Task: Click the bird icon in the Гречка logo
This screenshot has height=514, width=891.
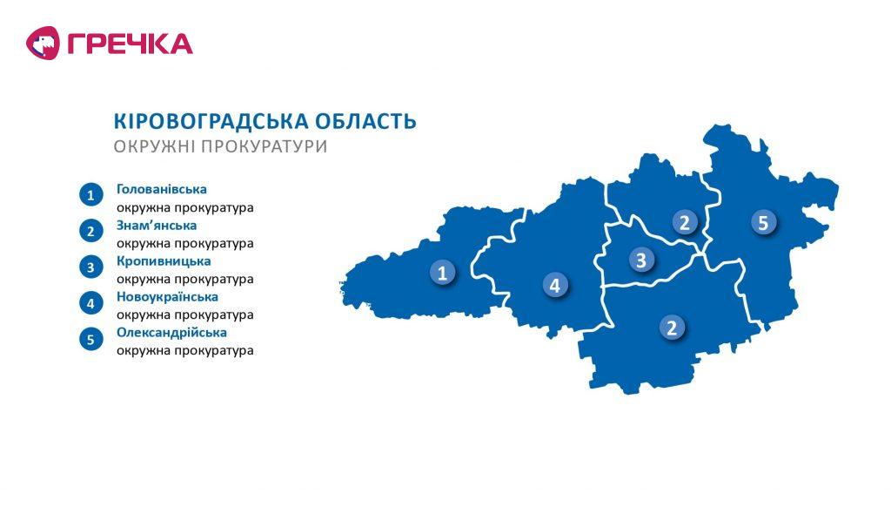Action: pyautogui.click(x=43, y=44)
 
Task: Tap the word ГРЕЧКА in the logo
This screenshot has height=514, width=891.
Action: pyautogui.click(x=131, y=44)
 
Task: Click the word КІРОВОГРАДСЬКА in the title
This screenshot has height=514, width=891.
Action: pyautogui.click(x=211, y=121)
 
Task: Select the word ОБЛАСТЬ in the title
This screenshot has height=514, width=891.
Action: pyautogui.click(x=365, y=121)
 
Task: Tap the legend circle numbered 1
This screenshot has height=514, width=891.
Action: pyautogui.click(x=90, y=195)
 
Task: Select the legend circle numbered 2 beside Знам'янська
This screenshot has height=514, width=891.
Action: pyautogui.click(x=90, y=231)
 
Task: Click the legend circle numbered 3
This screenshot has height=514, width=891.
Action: pyautogui.click(x=90, y=267)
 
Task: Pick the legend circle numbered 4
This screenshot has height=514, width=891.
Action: pyautogui.click(x=90, y=303)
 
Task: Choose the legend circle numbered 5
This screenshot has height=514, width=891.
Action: pyautogui.click(x=90, y=339)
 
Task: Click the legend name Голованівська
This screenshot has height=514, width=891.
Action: pyautogui.click(x=161, y=189)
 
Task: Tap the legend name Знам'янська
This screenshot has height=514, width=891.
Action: pyautogui.click(x=157, y=226)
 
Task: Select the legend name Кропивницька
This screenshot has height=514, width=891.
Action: pyautogui.click(x=164, y=261)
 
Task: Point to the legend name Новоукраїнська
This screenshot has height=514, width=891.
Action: pyautogui.click(x=167, y=296)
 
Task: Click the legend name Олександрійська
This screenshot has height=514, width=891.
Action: pyautogui.click(x=171, y=333)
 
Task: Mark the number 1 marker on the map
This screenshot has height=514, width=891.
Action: pyautogui.click(x=442, y=272)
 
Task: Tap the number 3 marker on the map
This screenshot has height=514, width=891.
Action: pyautogui.click(x=641, y=260)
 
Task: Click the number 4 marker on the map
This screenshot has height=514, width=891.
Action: pyautogui.click(x=554, y=285)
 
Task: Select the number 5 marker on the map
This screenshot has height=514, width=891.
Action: pyautogui.click(x=762, y=222)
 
